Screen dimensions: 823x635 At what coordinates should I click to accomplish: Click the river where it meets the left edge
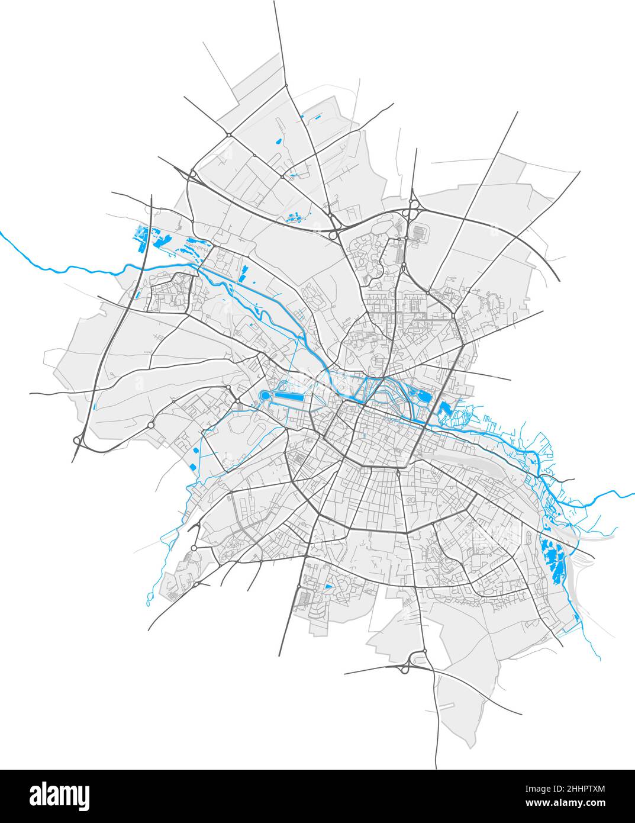(2, 234)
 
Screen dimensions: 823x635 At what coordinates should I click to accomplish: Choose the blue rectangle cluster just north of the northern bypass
(293, 217)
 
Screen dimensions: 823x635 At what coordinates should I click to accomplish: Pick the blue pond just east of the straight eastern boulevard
(443, 409)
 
